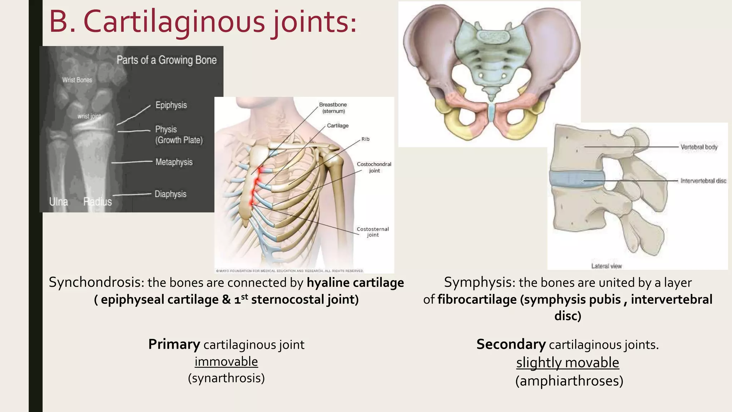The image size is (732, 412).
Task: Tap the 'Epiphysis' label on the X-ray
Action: pos(171,105)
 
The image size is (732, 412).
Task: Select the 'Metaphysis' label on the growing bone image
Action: pos(174,162)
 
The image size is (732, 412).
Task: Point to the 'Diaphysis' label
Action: pos(170,194)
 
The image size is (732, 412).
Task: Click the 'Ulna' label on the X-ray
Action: pos(59,202)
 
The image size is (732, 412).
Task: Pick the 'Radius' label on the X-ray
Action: pos(98,202)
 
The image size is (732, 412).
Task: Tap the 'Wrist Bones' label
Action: pos(77,80)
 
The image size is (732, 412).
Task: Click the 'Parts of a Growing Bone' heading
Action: pos(167,60)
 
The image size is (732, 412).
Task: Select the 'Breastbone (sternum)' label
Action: pos(333,108)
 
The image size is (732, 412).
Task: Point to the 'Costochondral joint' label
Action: pos(374,167)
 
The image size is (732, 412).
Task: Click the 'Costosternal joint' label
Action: pos(373,232)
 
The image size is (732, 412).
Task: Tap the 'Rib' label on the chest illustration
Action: pos(365,139)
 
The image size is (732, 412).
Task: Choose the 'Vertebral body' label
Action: pos(699,147)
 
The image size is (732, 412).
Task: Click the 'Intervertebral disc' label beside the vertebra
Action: pos(703,181)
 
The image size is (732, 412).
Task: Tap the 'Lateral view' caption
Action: pos(607,266)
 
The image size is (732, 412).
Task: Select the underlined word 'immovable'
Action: pos(226,362)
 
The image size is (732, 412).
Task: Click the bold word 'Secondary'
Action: pos(511,344)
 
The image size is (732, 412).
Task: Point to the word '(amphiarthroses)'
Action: pos(569,381)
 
